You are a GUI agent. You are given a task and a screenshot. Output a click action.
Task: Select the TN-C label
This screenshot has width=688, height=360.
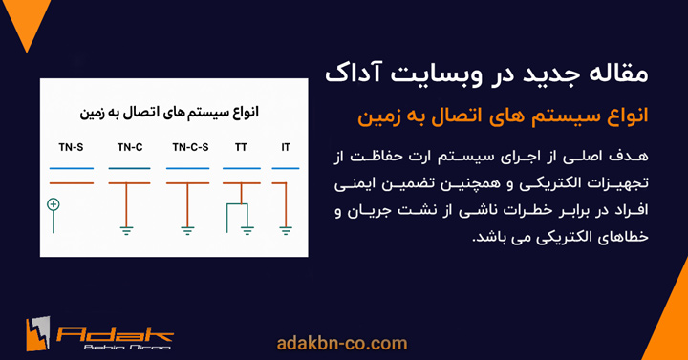coord(131,148)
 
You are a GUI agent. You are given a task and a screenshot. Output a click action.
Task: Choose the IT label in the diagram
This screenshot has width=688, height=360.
coord(286,148)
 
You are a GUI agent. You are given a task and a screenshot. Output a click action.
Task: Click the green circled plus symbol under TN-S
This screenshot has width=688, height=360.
coord(54,204)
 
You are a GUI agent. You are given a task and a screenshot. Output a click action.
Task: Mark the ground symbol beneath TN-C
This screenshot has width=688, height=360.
coord(126,228)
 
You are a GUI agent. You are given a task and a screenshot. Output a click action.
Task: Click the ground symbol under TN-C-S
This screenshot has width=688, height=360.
coord(188,228)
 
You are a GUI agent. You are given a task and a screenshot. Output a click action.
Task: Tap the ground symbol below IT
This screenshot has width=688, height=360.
coord(286,228)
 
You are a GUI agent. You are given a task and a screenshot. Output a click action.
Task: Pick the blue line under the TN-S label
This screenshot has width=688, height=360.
coord(71,168)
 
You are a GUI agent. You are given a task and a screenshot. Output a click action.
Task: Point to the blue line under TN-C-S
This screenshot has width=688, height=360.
coord(193,168)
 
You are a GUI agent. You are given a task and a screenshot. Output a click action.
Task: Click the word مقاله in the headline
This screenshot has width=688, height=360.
coord(630,74)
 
